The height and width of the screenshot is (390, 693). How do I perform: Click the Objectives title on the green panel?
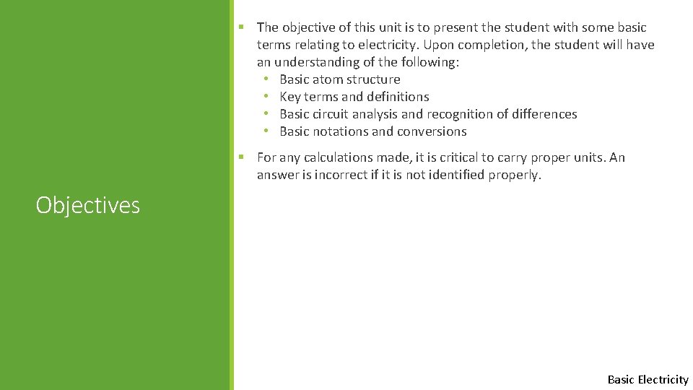(87, 206)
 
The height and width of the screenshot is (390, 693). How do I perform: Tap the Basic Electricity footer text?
(648, 379)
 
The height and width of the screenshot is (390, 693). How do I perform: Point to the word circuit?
(335, 114)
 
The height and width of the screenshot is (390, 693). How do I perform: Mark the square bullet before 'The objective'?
(242, 27)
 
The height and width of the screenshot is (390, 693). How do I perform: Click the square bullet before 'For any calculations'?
(242, 157)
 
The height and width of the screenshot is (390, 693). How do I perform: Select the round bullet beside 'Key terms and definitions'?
(266, 97)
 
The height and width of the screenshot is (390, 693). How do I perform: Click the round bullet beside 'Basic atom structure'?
(266, 79)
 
